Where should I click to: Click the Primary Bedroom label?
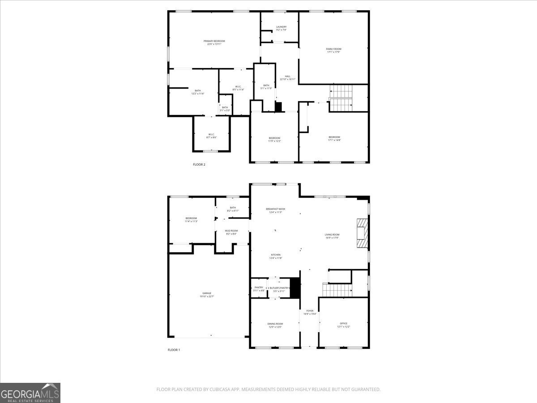tap(214, 41)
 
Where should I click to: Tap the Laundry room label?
tap(281, 27)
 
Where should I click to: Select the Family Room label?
tap(333, 49)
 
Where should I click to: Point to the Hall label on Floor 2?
tap(287, 77)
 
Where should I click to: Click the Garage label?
tap(207, 294)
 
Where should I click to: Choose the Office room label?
tap(343, 324)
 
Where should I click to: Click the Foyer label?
tap(310, 311)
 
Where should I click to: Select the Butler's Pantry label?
tap(279, 288)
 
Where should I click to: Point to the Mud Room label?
tap(231, 231)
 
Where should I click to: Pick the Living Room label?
tap(332, 235)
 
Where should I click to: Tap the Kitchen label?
tap(275, 255)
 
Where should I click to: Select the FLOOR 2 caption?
tap(199, 165)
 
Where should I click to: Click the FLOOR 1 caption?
tap(174, 350)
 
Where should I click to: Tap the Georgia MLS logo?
tap(30, 393)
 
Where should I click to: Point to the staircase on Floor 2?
tap(341, 99)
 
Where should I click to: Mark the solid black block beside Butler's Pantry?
tap(295, 287)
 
